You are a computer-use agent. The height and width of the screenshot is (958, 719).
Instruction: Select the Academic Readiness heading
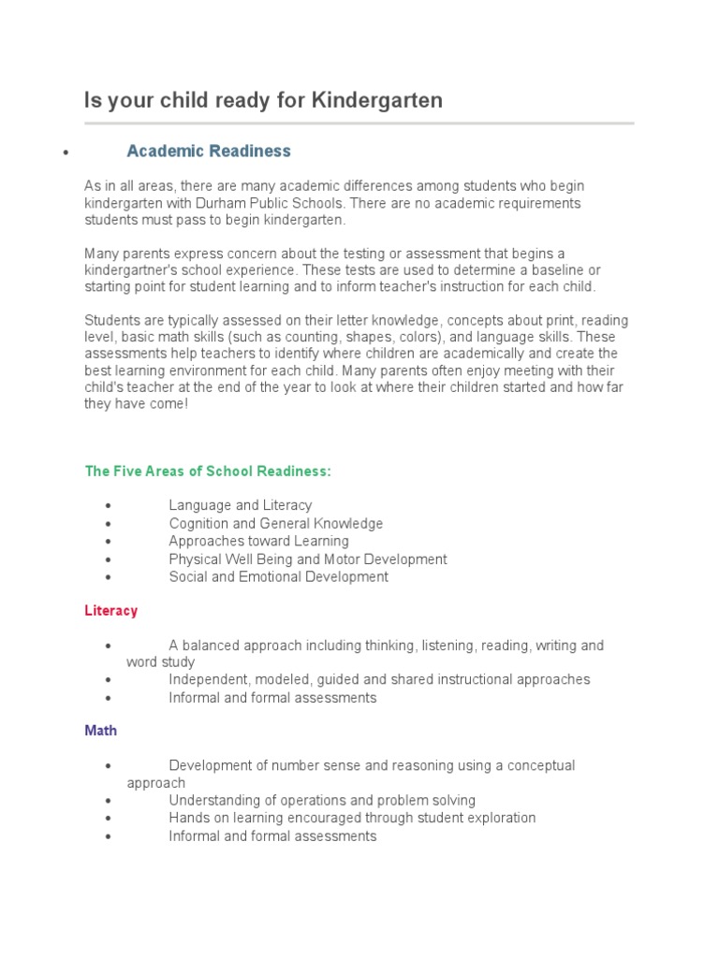(x=209, y=151)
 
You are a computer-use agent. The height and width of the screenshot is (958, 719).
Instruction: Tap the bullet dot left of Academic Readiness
(x=65, y=152)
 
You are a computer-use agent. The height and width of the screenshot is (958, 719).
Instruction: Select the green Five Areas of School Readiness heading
(x=208, y=472)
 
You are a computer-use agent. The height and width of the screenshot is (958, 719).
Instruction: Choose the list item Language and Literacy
(x=241, y=505)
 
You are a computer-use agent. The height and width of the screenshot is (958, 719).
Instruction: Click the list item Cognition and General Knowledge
(x=276, y=523)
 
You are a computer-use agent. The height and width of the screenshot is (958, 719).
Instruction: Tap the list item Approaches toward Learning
(x=258, y=541)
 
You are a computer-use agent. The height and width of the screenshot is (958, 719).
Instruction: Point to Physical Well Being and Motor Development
(x=308, y=559)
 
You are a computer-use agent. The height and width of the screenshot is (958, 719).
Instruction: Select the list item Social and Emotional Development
(x=278, y=577)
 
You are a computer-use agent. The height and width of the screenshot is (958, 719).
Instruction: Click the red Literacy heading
(x=111, y=611)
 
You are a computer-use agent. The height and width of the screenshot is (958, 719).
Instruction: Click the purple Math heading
(x=101, y=731)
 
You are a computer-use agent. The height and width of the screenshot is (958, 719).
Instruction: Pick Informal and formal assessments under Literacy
(x=272, y=698)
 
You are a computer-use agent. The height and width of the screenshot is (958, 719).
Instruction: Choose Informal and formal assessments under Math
(x=272, y=836)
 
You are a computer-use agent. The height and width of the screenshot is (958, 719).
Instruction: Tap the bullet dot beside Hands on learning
(x=110, y=819)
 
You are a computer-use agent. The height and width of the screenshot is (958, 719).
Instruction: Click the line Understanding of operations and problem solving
(x=322, y=801)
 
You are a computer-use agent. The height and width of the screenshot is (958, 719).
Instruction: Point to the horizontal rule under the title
(x=359, y=123)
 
